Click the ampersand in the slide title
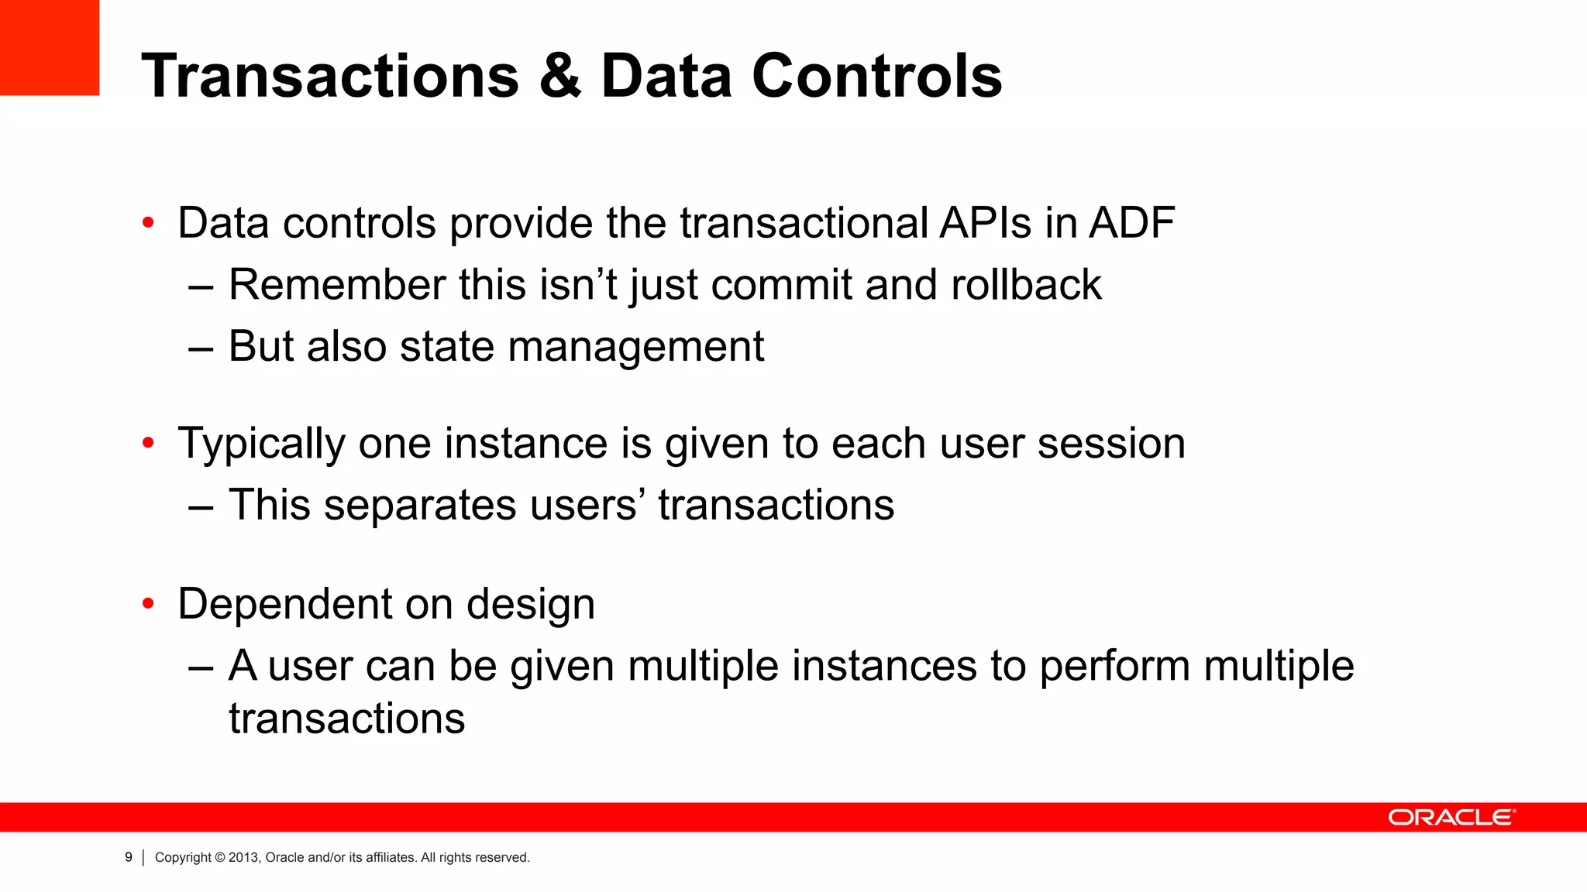pos(559,77)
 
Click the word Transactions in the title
pos(330,77)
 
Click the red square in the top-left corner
pos(49,47)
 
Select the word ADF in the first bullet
pos(1132,223)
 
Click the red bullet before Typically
pos(148,444)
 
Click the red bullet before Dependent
pos(148,604)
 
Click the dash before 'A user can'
pos(201,667)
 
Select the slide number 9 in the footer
pos(129,857)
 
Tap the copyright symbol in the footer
pos(220,857)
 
